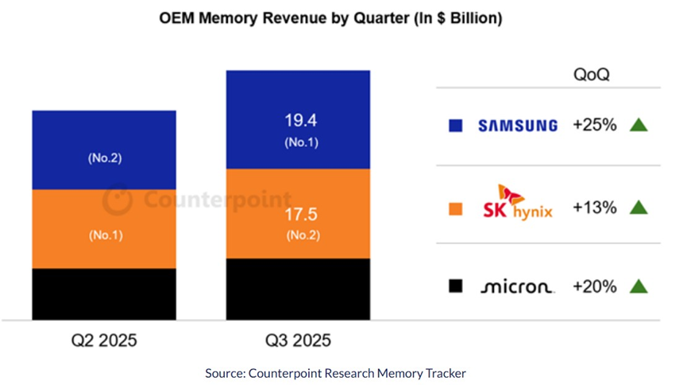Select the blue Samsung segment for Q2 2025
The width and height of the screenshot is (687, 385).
pos(104,150)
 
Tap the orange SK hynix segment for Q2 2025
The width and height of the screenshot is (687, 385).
pos(104,228)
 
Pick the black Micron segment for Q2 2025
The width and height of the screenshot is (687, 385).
pos(104,294)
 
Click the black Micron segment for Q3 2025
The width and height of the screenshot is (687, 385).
pos(298,289)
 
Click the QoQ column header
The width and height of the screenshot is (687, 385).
pos(591,75)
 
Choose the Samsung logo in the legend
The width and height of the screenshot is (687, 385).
pos(517,126)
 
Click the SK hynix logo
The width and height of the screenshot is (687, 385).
pos(517,204)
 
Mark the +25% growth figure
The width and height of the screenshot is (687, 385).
pos(594,125)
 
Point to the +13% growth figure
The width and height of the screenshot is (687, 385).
pos(594,208)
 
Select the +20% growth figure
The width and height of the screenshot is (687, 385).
pos(594,286)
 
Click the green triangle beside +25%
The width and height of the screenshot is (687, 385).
pos(638,125)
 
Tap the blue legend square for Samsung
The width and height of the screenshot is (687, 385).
pos(455,126)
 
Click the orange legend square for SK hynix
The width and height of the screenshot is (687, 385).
pos(455,208)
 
